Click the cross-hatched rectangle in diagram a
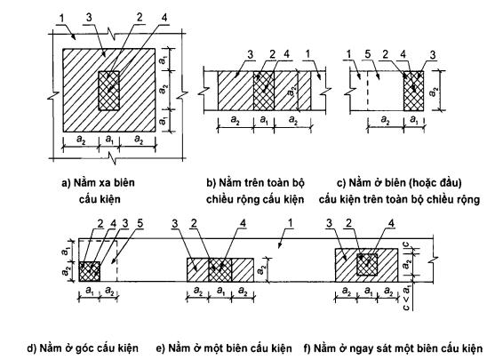(x=109, y=91)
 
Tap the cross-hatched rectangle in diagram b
(x=264, y=91)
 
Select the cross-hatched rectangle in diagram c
(x=413, y=91)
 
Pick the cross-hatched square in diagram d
(x=90, y=271)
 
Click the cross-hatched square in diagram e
(x=220, y=269)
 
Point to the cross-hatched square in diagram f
(x=367, y=264)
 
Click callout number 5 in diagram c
(x=368, y=54)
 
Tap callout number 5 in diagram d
(x=140, y=224)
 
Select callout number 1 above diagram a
(x=61, y=19)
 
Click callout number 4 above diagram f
(x=391, y=224)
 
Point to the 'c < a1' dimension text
(x=407, y=298)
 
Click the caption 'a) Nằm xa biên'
(x=98, y=183)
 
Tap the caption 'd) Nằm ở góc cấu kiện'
(x=83, y=348)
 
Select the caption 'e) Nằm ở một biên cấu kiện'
(x=224, y=348)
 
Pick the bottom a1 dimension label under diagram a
(x=109, y=139)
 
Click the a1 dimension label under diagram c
(x=413, y=120)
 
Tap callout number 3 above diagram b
(x=251, y=54)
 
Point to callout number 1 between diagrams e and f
(x=290, y=224)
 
